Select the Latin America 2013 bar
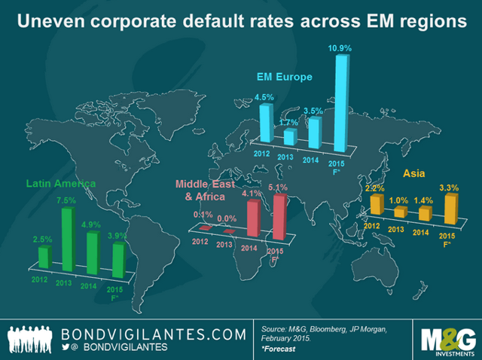(68, 239)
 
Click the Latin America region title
(60, 183)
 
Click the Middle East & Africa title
(203, 190)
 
